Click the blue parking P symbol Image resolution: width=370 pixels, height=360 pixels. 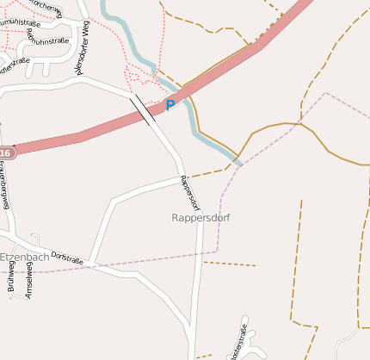point(170,105)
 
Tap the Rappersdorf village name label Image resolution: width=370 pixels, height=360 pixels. point(201,218)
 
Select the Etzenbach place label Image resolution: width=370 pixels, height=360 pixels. point(23,257)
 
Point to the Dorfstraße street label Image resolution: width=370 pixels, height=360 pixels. point(68,257)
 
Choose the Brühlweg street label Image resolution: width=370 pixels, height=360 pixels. point(11,281)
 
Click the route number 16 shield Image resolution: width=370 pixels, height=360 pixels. point(5,152)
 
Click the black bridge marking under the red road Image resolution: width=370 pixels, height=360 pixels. point(142,110)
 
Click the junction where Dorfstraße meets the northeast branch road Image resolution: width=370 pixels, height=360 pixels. point(94,260)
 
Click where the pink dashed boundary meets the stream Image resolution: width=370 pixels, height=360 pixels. point(240,164)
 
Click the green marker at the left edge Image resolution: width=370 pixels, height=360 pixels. point(1,124)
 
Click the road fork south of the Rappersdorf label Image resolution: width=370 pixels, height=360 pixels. point(199,252)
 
